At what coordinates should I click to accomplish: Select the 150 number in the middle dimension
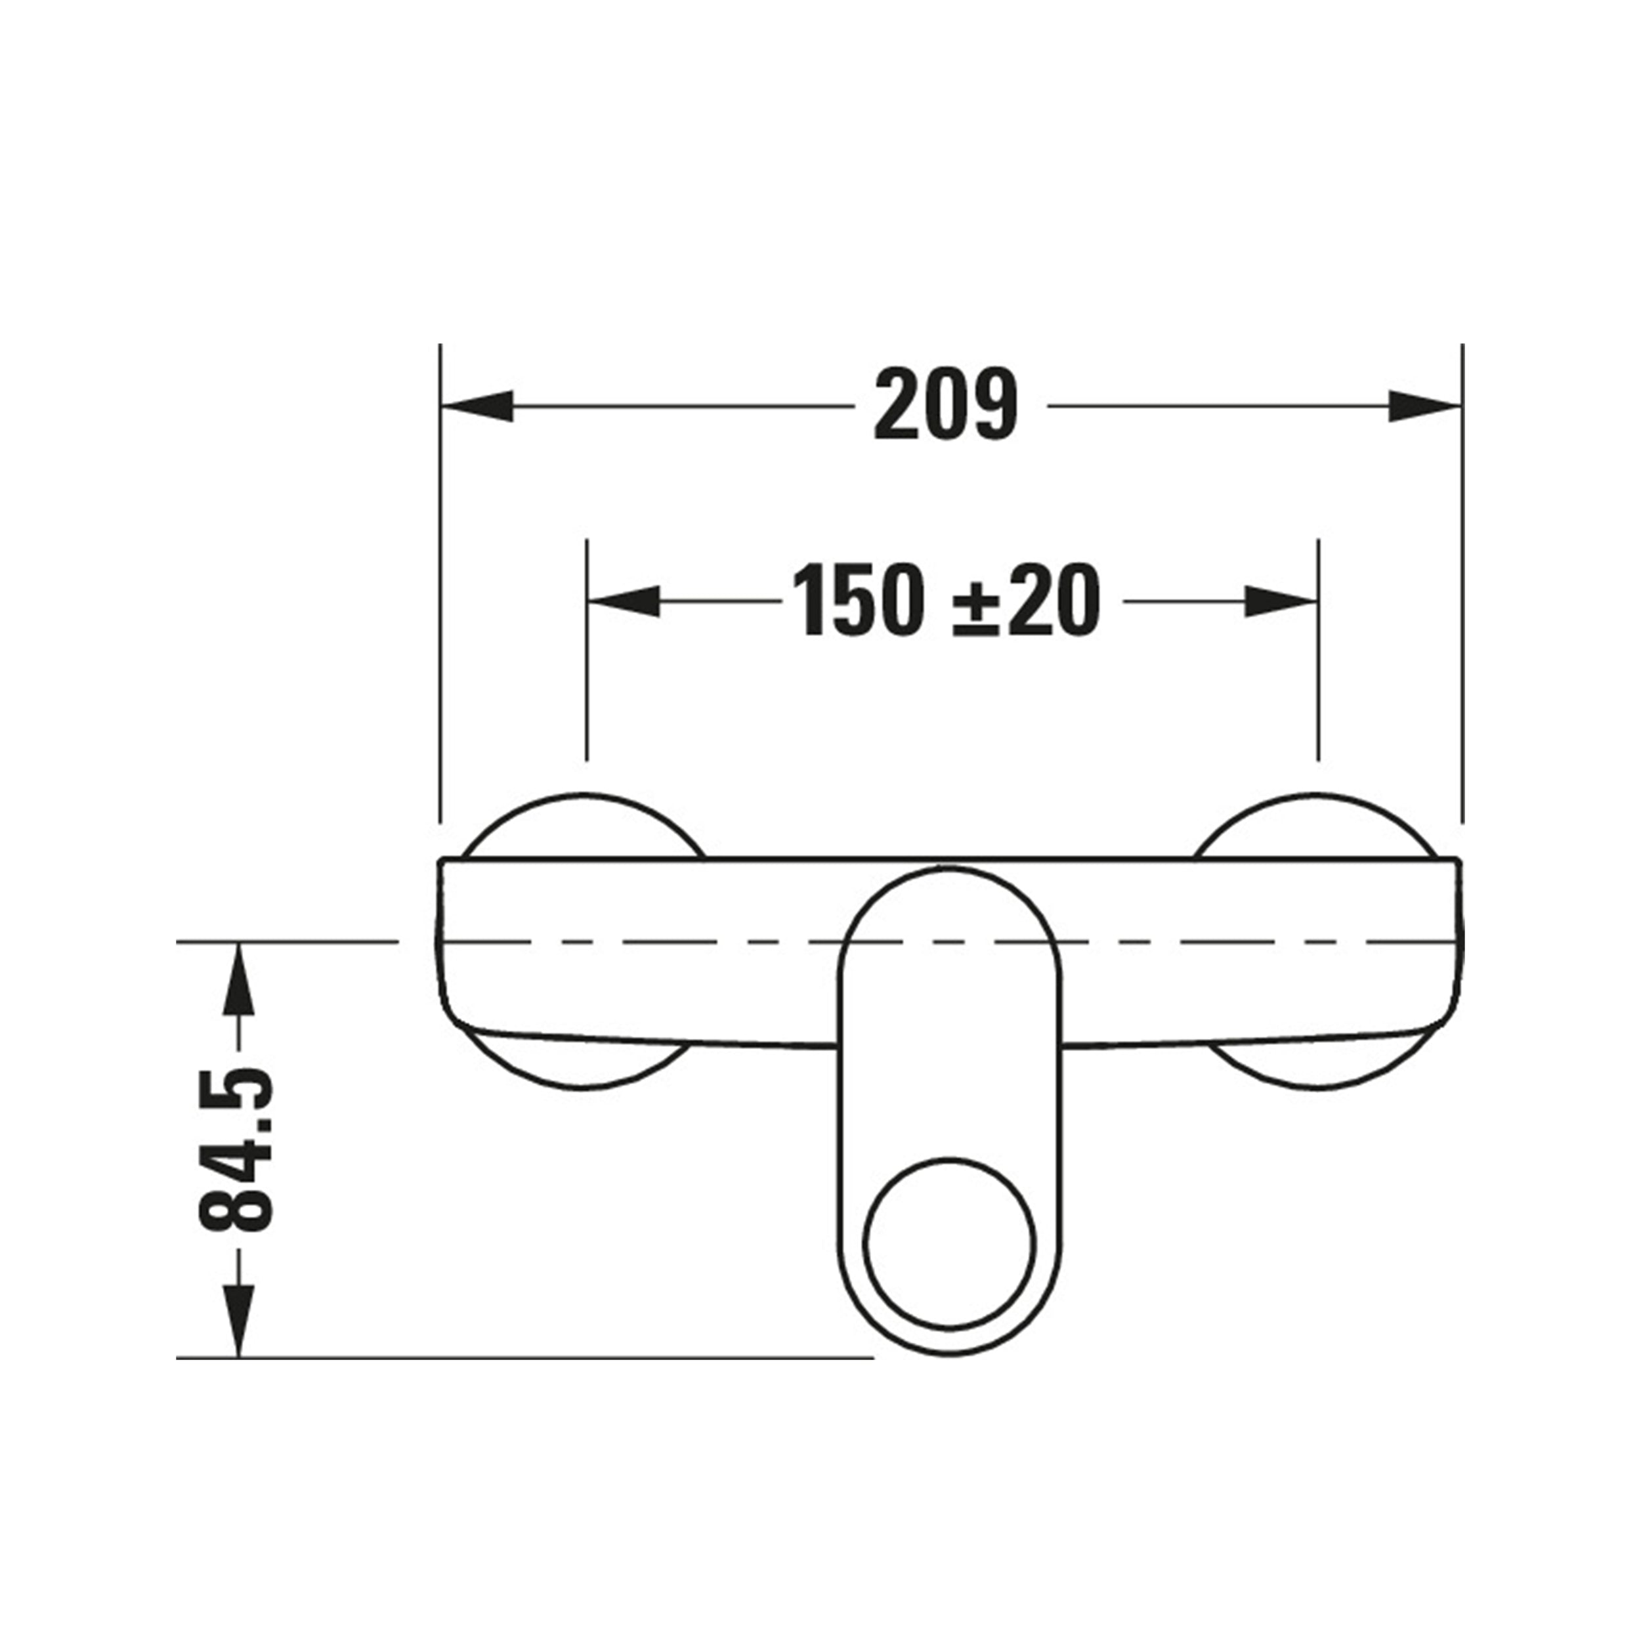(x=858, y=601)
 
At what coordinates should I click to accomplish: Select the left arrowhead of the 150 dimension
(x=624, y=601)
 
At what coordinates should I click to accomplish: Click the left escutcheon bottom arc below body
(x=586, y=1089)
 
